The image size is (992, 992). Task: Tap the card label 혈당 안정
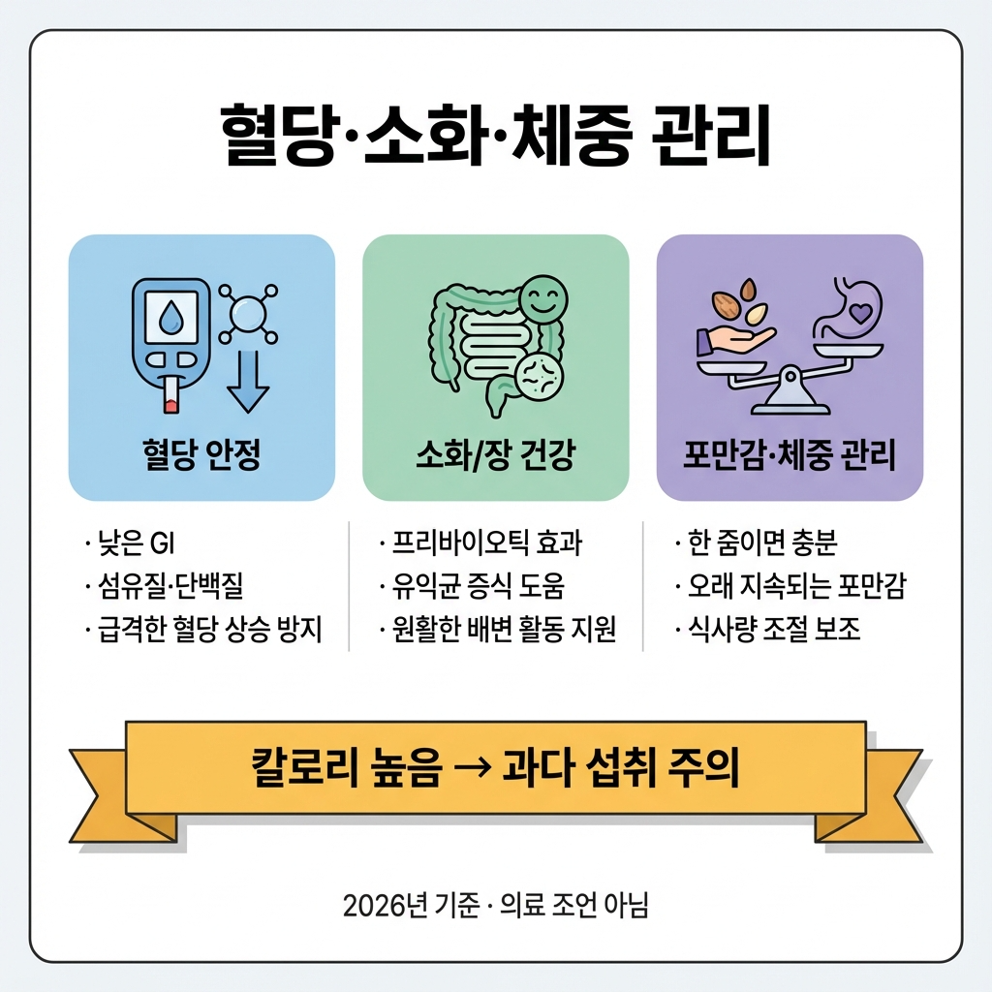pos(201,455)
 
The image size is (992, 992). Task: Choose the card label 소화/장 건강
pos(495,455)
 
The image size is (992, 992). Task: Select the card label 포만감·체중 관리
pos(790,455)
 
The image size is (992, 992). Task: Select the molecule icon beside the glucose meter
pos(248,313)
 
